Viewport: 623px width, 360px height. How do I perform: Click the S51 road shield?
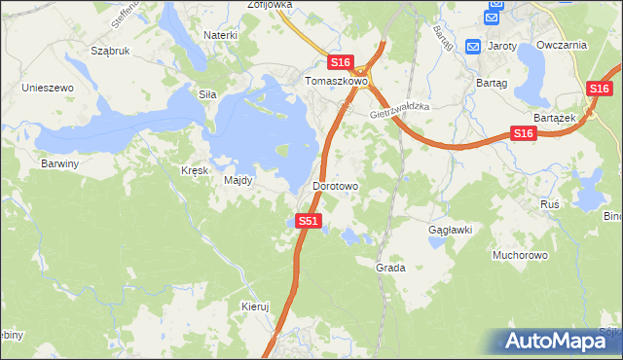[308, 222]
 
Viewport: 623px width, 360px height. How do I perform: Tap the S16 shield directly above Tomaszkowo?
[339, 62]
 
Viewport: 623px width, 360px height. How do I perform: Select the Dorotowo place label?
[336, 185]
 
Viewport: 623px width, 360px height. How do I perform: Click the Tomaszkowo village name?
[336, 82]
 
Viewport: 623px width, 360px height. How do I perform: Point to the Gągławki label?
[450, 230]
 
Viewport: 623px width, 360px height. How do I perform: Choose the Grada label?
[390, 267]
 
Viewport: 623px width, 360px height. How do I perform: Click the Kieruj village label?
[254, 306]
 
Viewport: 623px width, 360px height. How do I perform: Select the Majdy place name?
[238, 180]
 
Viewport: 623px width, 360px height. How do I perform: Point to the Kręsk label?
[195, 169]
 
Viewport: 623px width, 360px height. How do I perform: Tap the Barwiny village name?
[59, 163]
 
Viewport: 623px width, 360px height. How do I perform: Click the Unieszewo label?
[49, 88]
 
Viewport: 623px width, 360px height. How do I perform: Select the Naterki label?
[220, 35]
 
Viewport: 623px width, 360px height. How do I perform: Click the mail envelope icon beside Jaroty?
[473, 46]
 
